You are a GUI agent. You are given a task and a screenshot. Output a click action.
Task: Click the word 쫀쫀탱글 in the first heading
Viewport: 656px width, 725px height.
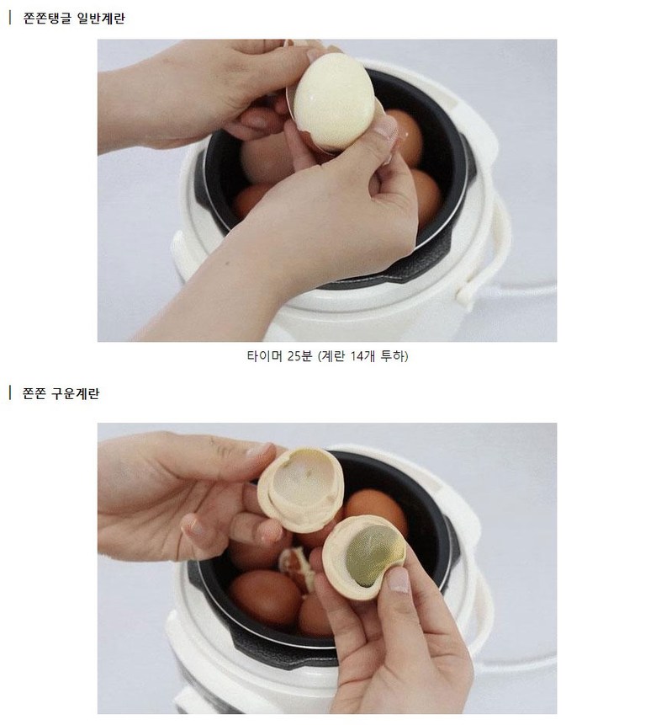(47, 19)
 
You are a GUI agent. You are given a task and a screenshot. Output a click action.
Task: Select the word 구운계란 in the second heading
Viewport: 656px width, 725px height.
(75, 393)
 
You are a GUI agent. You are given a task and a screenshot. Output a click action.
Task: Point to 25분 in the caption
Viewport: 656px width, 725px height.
(299, 356)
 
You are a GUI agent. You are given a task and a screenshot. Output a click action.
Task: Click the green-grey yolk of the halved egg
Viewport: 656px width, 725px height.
(374, 555)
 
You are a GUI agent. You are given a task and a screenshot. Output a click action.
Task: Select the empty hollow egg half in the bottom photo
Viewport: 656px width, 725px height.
(301, 488)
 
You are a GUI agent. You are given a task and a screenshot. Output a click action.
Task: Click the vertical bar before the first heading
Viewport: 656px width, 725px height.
(10, 18)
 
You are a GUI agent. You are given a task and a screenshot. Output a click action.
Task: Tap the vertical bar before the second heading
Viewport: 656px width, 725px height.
(10, 393)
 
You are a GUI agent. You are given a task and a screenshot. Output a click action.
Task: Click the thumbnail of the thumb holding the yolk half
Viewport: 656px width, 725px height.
(397, 580)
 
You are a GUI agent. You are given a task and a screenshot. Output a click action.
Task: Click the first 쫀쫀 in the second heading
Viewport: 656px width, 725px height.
(34, 393)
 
